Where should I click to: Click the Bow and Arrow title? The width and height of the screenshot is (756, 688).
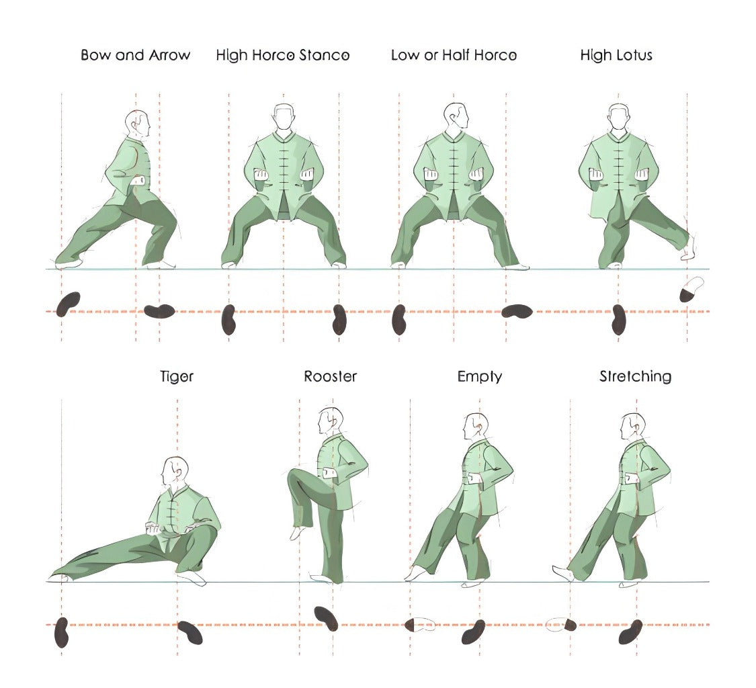(x=135, y=55)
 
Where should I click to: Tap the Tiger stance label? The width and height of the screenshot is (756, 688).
(x=177, y=376)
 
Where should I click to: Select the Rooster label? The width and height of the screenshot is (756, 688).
(x=330, y=376)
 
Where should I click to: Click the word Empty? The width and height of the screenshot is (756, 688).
(x=479, y=376)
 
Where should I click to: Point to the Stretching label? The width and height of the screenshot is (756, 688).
(x=635, y=376)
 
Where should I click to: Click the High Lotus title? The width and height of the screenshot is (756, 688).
(x=616, y=55)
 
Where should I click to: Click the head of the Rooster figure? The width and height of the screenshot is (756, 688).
(x=331, y=421)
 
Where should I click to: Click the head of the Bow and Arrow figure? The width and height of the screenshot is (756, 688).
(x=138, y=124)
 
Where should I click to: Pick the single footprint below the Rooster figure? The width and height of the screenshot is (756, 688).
(x=326, y=618)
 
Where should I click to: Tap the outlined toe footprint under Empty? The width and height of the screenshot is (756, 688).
(x=421, y=626)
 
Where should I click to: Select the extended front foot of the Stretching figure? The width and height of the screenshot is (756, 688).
(x=561, y=572)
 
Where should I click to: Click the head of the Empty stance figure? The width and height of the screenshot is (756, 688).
(x=475, y=426)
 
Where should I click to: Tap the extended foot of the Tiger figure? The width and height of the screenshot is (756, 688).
(x=59, y=576)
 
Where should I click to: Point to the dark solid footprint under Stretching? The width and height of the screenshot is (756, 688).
(x=630, y=632)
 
